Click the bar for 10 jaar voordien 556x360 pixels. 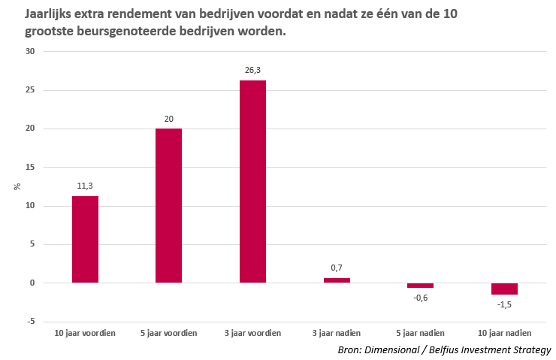[85, 239]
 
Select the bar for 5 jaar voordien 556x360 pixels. [168, 205]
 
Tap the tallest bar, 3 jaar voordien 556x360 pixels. [252, 181]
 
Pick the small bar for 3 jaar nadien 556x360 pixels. [337, 280]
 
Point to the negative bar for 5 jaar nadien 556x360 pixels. [421, 286]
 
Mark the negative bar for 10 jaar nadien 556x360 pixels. [504, 289]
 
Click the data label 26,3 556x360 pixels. [252, 70]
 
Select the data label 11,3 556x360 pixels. [85, 186]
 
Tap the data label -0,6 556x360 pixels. [421, 298]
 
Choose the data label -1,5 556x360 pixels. [504, 304]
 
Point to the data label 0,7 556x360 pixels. [337, 268]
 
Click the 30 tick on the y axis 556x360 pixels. [30, 51]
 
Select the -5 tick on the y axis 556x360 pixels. [30, 322]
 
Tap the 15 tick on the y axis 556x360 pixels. [30, 167]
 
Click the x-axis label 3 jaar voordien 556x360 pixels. [252, 333]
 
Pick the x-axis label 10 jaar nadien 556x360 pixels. [504, 333]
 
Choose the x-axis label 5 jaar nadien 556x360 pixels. [421, 333]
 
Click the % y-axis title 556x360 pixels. [17, 186]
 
